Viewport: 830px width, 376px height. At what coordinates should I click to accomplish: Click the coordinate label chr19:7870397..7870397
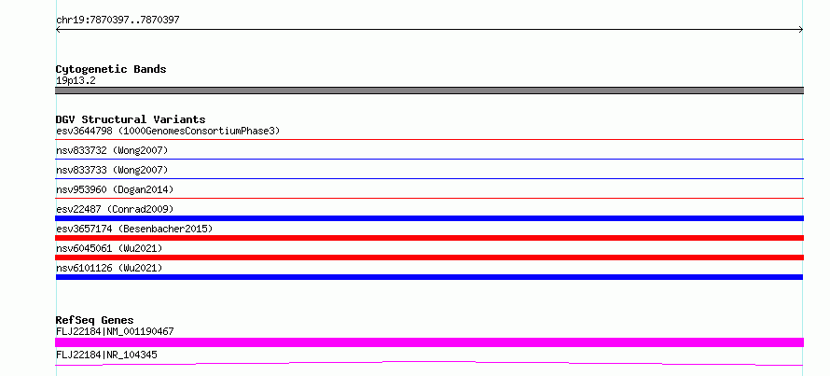118,21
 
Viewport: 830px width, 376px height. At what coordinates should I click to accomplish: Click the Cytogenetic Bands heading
111,69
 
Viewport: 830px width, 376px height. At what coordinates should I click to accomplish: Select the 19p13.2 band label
76,81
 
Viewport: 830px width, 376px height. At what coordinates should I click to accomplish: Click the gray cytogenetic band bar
429,91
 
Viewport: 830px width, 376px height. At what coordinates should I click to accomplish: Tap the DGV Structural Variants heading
131,119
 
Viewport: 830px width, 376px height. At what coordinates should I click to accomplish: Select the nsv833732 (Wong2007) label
112,151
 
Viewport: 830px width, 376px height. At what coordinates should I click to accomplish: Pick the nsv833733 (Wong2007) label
112,171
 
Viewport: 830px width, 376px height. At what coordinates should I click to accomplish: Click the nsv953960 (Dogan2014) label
115,189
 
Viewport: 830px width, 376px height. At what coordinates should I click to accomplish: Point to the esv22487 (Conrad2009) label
115,209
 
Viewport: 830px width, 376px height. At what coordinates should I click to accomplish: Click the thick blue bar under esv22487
429,218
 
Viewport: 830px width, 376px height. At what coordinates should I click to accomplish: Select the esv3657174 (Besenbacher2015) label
134,229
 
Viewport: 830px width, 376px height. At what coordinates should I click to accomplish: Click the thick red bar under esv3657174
429,238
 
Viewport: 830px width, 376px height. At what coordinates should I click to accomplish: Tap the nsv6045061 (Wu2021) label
109,248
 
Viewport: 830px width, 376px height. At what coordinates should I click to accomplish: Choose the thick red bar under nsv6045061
429,258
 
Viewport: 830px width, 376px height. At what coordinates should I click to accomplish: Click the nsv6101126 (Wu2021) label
109,268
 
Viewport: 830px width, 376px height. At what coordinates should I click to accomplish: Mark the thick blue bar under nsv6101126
429,277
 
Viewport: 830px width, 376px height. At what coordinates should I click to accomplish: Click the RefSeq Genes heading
95,320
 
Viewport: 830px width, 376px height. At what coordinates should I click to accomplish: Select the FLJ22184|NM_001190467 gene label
115,332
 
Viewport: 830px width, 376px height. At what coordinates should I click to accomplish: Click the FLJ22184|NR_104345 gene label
106,355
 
